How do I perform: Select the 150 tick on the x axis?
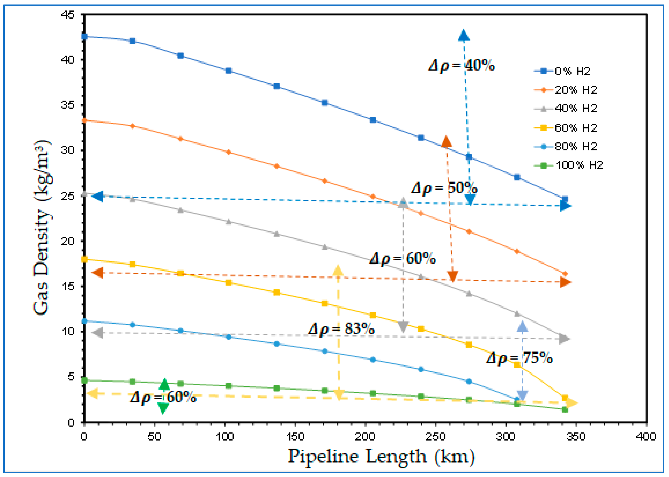point(295,437)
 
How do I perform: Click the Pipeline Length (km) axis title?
point(381,456)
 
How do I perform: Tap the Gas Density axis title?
point(42,228)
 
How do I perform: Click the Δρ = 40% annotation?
point(462,65)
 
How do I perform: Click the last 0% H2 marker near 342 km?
point(565,199)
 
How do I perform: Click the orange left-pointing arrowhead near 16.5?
point(97,273)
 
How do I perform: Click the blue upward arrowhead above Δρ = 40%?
point(464,36)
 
